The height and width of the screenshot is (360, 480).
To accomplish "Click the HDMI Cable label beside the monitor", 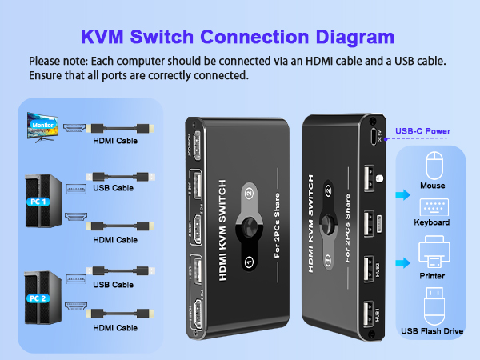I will pyautogui.click(x=114, y=141).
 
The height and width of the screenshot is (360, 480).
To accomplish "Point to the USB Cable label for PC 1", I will pyautogui.click(x=113, y=189).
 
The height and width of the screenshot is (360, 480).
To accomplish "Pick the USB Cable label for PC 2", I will pyautogui.click(x=113, y=284).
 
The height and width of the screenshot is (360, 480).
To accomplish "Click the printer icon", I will pyautogui.click(x=432, y=250).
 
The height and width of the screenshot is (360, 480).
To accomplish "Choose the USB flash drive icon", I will pyautogui.click(x=432, y=304).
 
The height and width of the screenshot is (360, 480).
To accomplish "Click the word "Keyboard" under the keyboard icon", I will pyautogui.click(x=432, y=222).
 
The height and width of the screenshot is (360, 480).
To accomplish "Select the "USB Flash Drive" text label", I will pyautogui.click(x=432, y=330).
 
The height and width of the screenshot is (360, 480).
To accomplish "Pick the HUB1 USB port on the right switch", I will pyautogui.click(x=367, y=313).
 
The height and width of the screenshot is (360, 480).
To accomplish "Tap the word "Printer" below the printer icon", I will pyautogui.click(x=432, y=275).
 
